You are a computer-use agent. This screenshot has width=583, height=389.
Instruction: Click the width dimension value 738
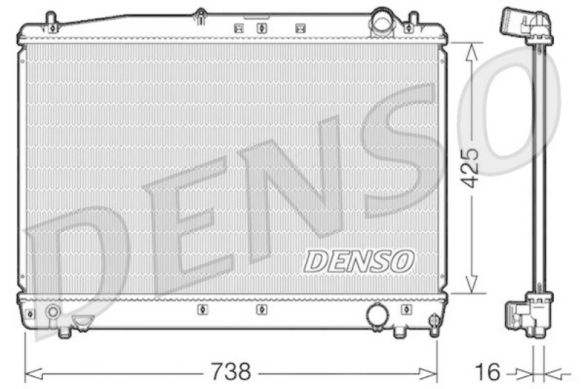click(x=231, y=372)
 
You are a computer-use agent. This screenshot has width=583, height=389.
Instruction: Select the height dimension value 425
click(x=472, y=168)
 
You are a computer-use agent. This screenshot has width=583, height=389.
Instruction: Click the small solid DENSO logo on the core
click(x=359, y=260)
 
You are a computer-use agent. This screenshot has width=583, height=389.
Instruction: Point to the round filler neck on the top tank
click(x=381, y=22)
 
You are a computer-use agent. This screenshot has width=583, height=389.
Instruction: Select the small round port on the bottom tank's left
click(x=52, y=313)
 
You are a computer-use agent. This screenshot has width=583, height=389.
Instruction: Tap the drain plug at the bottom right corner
click(x=434, y=322)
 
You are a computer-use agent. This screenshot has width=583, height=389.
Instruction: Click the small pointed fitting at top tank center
click(x=200, y=14)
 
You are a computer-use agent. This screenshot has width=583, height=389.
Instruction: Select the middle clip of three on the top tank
click(x=262, y=28)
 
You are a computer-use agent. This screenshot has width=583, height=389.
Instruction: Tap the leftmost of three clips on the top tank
click(x=238, y=28)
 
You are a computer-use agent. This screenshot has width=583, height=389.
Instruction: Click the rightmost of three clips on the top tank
click(x=299, y=28)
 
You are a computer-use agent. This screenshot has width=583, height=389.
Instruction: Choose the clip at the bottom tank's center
click(x=262, y=309)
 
